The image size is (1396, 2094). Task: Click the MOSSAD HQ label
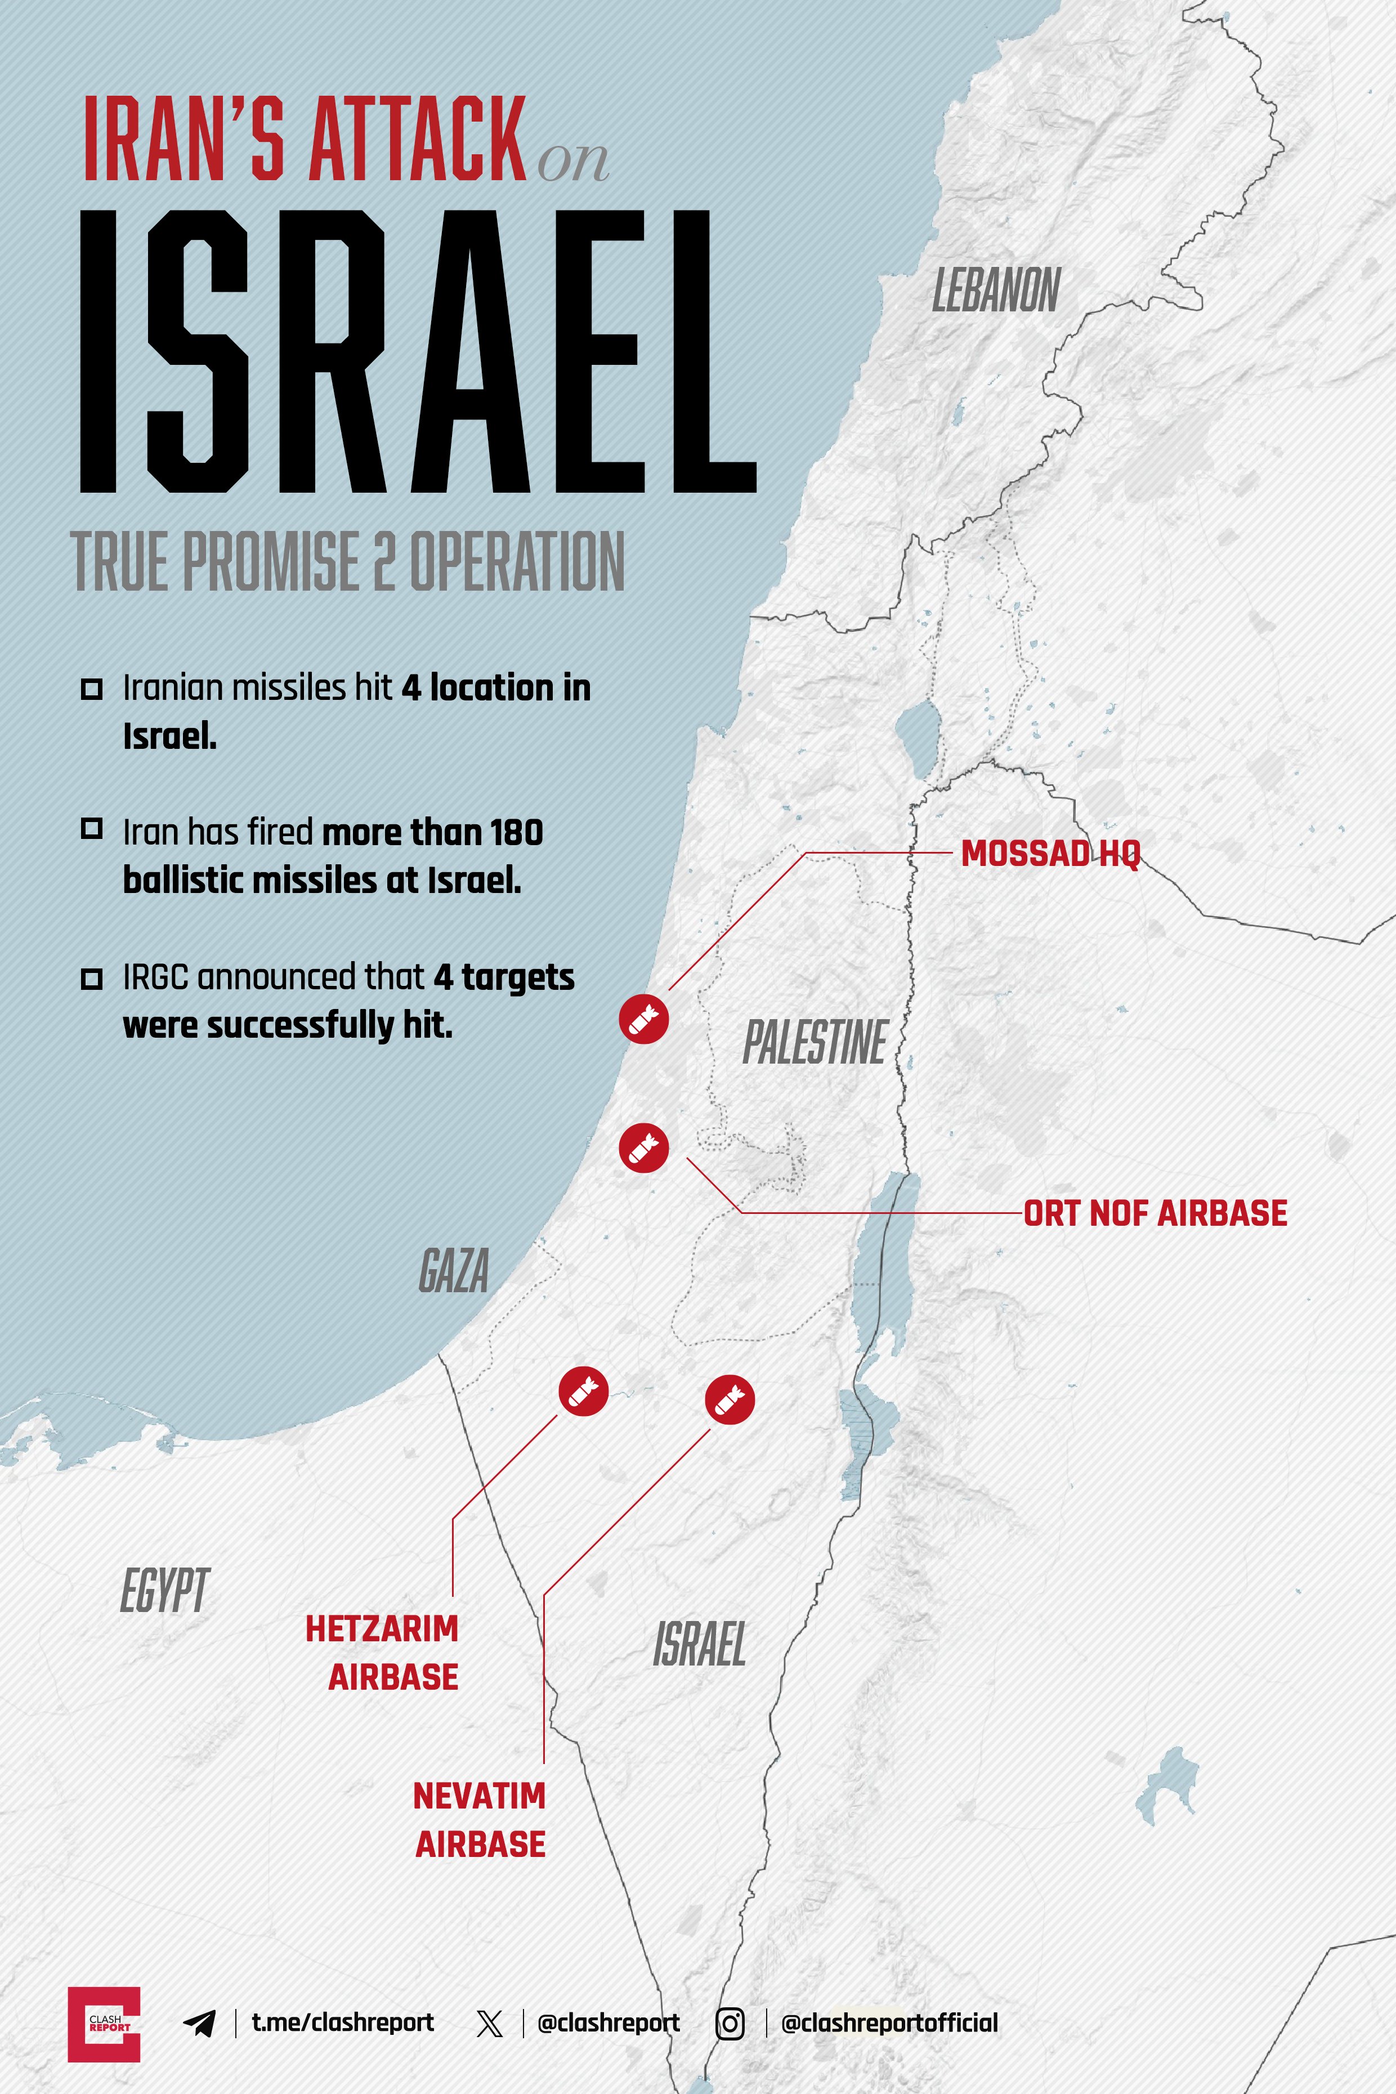pyautogui.click(x=1050, y=854)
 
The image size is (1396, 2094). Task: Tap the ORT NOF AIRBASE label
pyautogui.click(x=1155, y=1213)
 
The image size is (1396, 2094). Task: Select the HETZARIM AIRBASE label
pyautogui.click(x=383, y=1653)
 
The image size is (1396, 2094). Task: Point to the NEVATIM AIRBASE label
pyautogui.click(x=480, y=1820)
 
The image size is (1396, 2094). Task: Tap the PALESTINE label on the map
pyautogui.click(x=815, y=1043)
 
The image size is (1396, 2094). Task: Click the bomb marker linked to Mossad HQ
pyautogui.click(x=644, y=1019)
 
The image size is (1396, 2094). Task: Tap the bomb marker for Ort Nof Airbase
pyautogui.click(x=644, y=1148)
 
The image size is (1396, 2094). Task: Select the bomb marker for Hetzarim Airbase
pyautogui.click(x=583, y=1390)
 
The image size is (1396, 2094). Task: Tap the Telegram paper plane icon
pyautogui.click(x=200, y=2024)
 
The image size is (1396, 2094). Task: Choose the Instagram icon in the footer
pyautogui.click(x=730, y=2024)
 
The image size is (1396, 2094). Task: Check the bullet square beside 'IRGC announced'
pyautogui.click(x=92, y=979)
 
